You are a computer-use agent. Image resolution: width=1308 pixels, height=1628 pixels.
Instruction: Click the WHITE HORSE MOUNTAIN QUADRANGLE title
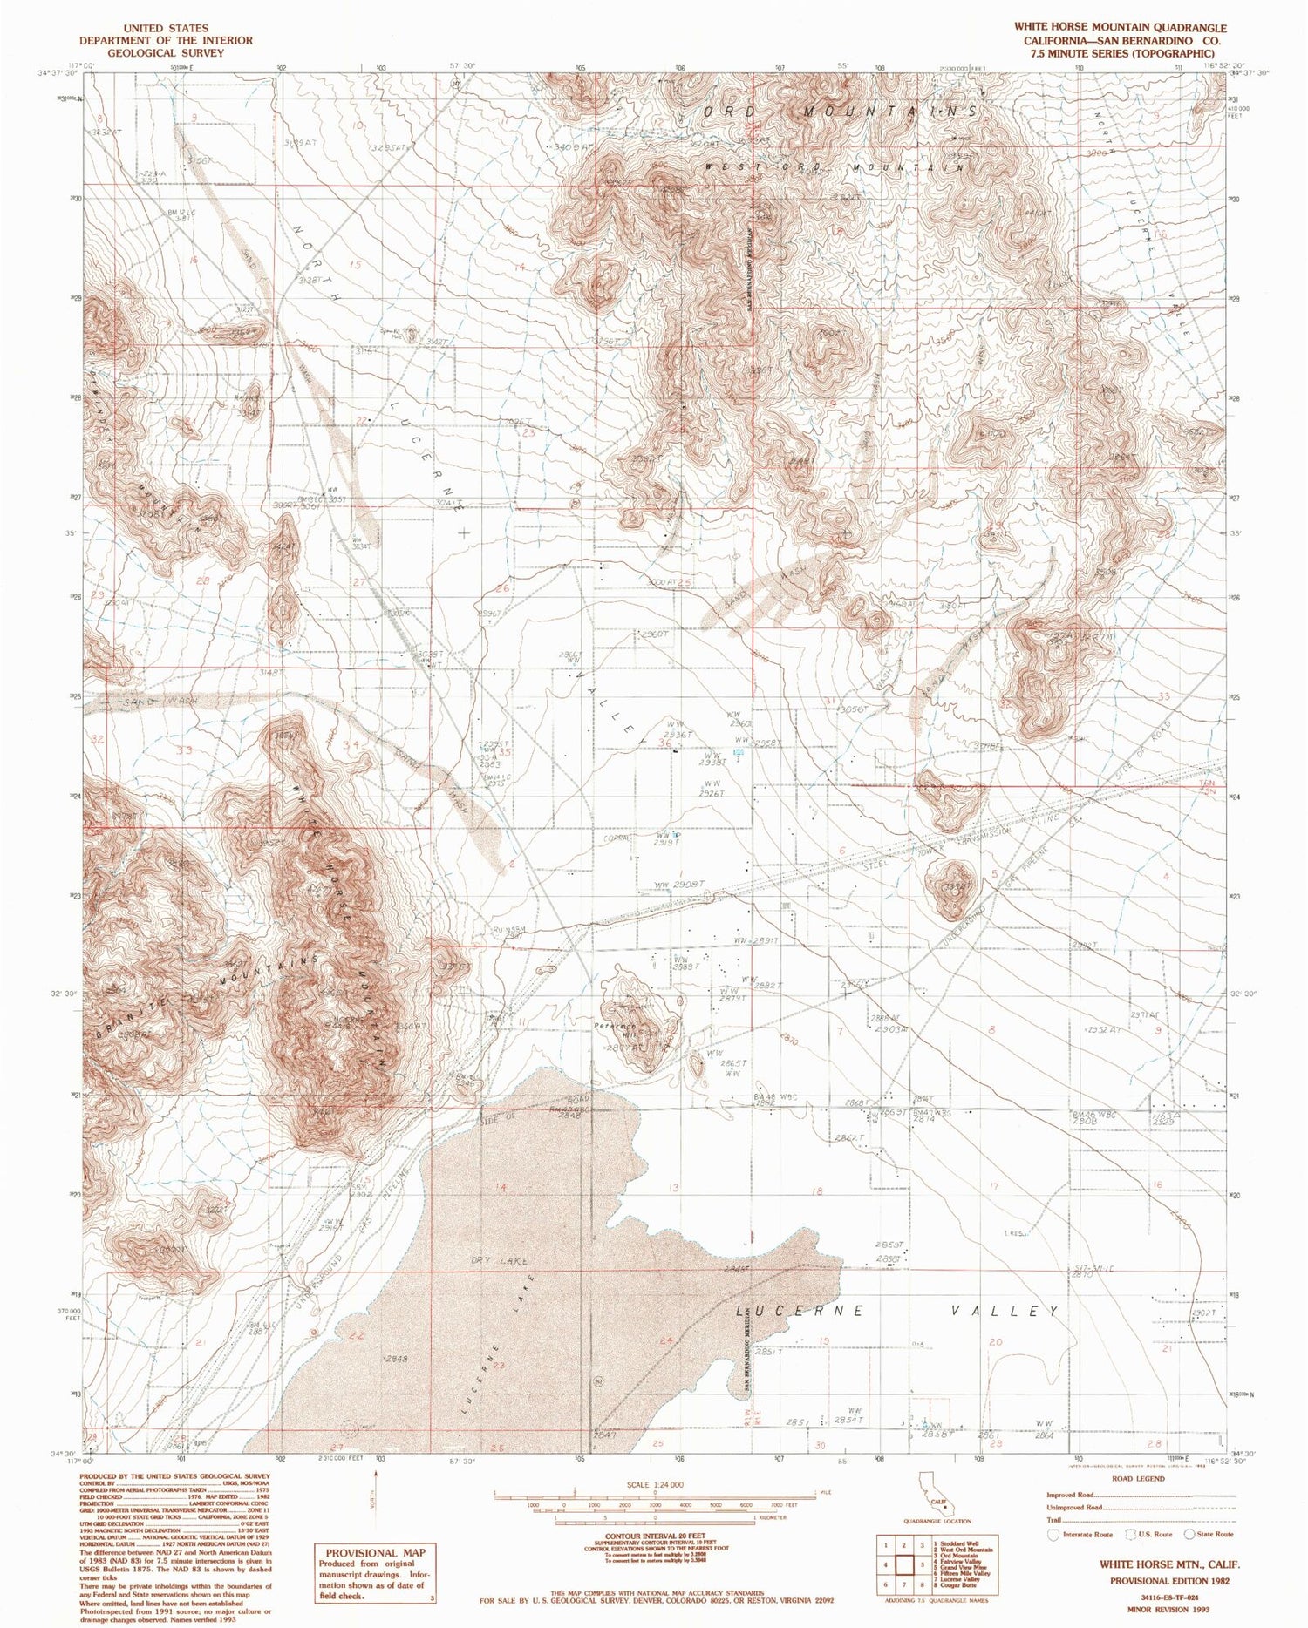pyautogui.click(x=1107, y=28)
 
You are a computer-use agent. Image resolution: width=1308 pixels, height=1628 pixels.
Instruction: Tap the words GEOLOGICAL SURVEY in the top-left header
pyautogui.click(x=166, y=52)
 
